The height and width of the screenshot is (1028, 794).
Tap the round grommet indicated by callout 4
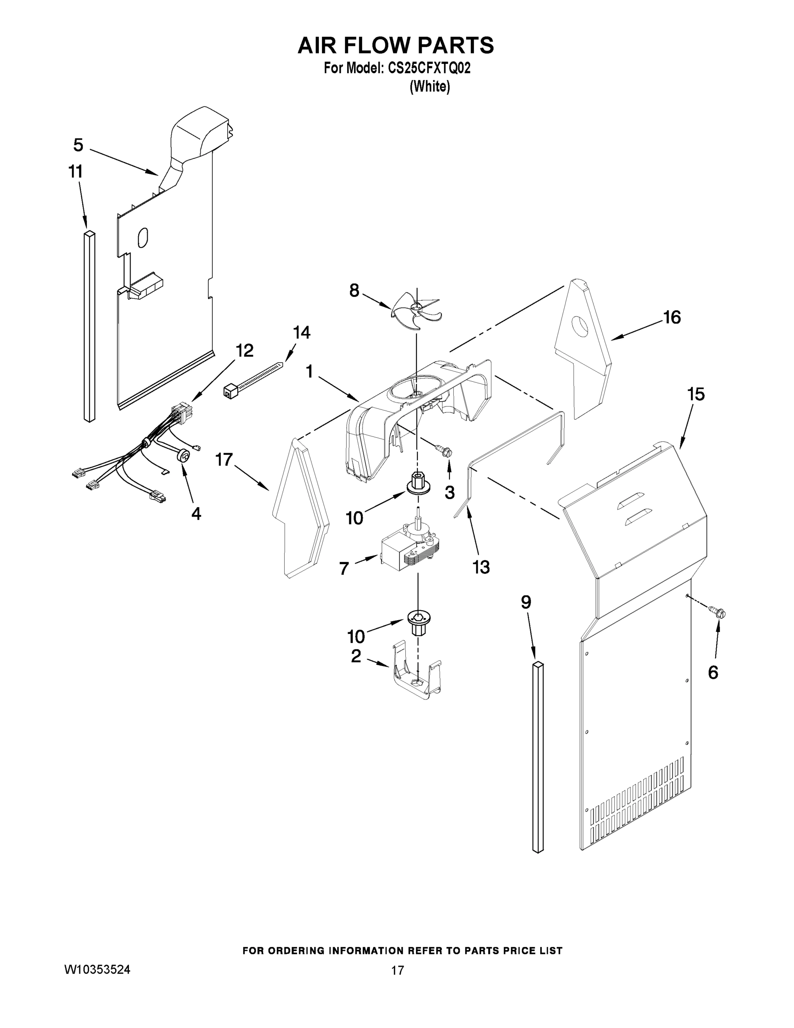coord(184,456)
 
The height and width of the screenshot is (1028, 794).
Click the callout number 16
coord(672,318)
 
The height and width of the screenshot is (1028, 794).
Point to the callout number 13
coord(481,567)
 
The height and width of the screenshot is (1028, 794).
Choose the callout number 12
coord(244,350)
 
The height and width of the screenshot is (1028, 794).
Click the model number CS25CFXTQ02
coord(428,69)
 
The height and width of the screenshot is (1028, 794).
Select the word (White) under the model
coord(429,87)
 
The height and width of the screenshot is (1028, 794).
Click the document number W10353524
coord(97,970)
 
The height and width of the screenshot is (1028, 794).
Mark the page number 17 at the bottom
coord(398,971)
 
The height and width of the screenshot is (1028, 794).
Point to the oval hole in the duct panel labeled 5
coord(143,238)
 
